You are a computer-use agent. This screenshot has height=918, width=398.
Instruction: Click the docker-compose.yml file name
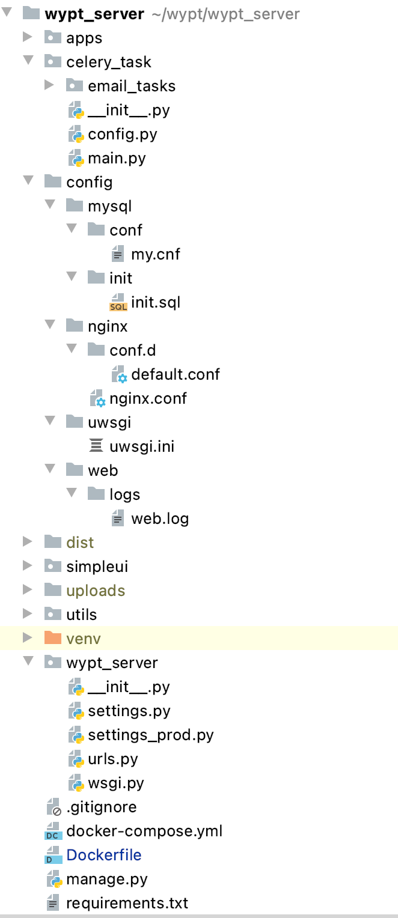pos(144,831)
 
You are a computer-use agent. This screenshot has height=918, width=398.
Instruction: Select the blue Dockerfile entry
pos(104,855)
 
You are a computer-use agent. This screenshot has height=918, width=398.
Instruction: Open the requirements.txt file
pos(127,903)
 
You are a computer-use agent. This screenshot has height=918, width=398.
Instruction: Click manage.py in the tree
pos(107,879)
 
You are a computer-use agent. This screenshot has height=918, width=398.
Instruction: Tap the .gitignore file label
pos(102,807)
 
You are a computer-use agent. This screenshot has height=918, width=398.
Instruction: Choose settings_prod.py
pos(151,735)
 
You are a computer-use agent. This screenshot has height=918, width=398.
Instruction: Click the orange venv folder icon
pos(53,638)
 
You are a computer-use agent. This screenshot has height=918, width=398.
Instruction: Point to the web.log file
pos(160,518)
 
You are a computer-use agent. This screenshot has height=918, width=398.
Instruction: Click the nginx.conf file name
pos(148,398)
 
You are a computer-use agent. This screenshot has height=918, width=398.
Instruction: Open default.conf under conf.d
pos(176,374)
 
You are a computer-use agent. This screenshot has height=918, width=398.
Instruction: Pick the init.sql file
pos(156,302)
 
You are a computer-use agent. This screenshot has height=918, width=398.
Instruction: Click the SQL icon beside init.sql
pos(118,303)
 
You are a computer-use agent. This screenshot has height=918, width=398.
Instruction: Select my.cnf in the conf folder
pos(156,254)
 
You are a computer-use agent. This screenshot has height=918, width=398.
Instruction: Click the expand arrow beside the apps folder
pos(27,37)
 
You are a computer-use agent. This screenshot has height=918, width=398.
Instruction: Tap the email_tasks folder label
pos(132,86)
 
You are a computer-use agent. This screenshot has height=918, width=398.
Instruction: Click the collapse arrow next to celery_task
pos(27,61)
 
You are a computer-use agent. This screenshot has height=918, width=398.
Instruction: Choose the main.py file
pos(117,158)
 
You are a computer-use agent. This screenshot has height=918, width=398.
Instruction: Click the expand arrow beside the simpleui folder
pos(27,566)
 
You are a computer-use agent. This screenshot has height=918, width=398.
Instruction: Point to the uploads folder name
pos(96,591)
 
